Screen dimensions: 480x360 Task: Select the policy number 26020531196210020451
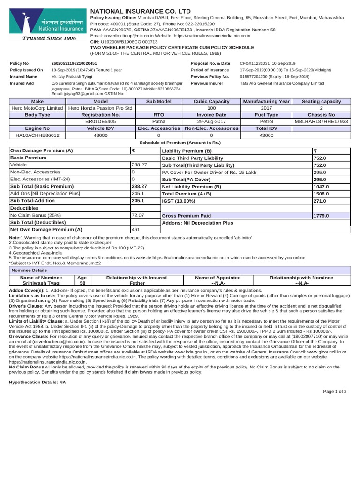pyautogui.click(x=74, y=63)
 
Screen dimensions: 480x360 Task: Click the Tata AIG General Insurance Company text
pyautogui.click(x=282, y=83)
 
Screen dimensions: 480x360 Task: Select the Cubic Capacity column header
pyautogui.click(x=211, y=102)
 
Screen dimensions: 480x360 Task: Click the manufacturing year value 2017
pyautogui.click(x=266, y=109)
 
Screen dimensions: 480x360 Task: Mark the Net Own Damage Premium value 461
pyautogui.click(x=135, y=230)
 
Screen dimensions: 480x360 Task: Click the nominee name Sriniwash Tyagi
pyautogui.click(x=41, y=284)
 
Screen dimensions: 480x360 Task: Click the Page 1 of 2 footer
pyautogui.click(x=335, y=392)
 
